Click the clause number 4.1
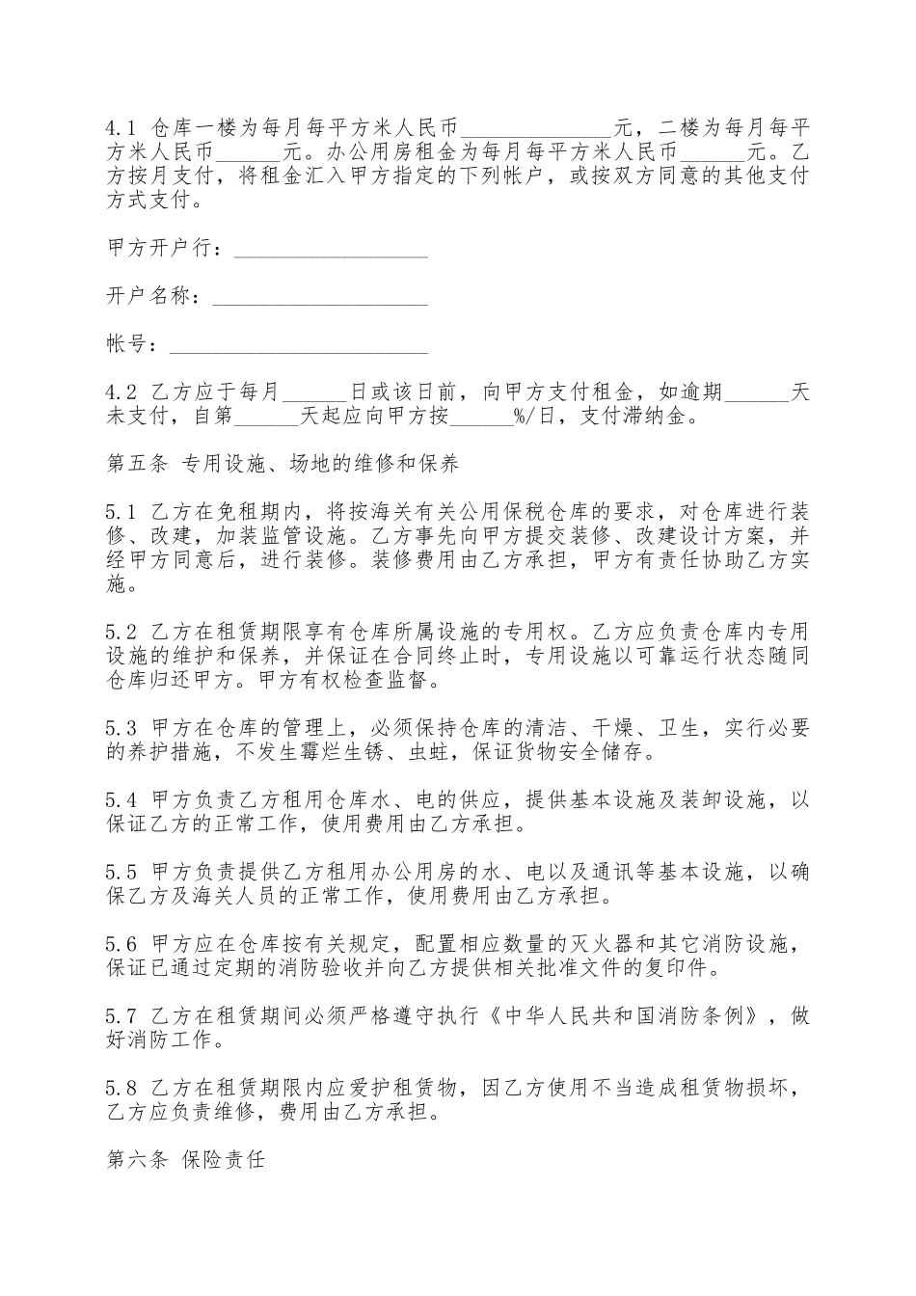(121, 127)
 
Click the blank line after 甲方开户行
(331, 251)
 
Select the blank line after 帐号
(298, 344)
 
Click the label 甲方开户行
(163, 250)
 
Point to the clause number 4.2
(121, 392)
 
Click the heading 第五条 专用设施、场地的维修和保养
(283, 464)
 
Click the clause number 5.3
(121, 727)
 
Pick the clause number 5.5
(121, 872)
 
